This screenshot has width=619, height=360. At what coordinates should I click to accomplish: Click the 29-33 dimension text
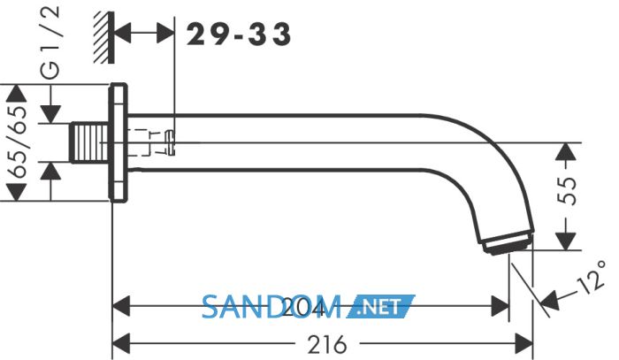click(239, 34)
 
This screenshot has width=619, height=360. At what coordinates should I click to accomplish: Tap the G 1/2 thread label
click(50, 42)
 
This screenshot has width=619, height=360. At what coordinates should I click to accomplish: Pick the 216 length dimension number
click(327, 345)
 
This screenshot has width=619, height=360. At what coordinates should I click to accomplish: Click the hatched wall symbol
click(104, 37)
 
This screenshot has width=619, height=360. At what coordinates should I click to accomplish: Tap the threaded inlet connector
click(88, 142)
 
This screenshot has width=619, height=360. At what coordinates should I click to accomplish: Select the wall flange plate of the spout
click(118, 142)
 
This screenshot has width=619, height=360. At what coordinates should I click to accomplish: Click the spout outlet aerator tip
click(508, 242)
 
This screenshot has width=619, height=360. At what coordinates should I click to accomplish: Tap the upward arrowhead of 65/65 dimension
click(17, 95)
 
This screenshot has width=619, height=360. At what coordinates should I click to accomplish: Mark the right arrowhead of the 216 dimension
click(524, 343)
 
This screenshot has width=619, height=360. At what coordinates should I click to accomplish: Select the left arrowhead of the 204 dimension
click(122, 306)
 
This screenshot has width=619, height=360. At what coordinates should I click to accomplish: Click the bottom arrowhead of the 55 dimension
click(566, 241)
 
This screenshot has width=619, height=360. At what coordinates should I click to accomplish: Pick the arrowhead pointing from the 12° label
click(549, 300)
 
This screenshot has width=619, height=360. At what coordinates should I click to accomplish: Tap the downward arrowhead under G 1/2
click(51, 114)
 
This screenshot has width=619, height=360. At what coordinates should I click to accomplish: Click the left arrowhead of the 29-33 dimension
click(122, 33)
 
